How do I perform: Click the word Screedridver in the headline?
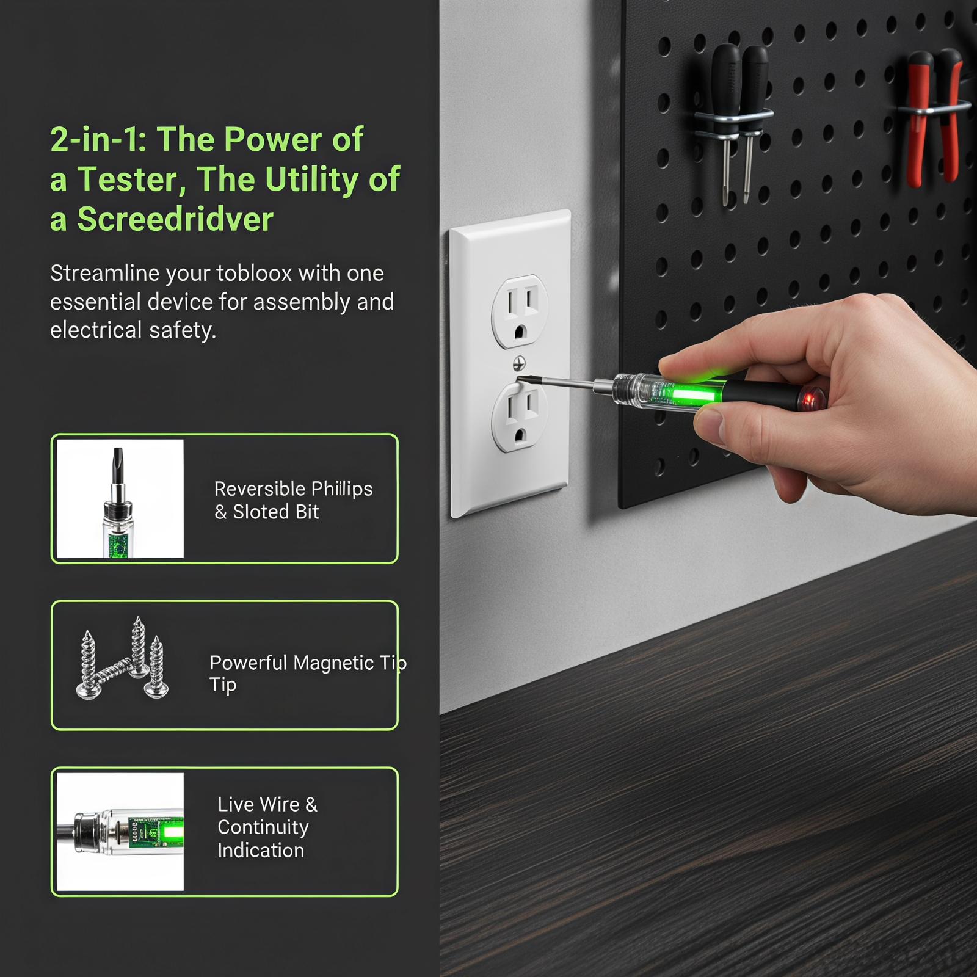click(x=175, y=219)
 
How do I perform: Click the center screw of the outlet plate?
click(x=519, y=364)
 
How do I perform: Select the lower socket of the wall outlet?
click(x=520, y=417)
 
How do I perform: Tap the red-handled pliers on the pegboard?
click(x=932, y=116)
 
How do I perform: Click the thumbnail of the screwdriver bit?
click(x=120, y=499)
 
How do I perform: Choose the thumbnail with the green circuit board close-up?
click(x=120, y=832)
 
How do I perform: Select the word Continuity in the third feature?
click(x=263, y=827)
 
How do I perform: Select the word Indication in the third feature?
click(x=261, y=851)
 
